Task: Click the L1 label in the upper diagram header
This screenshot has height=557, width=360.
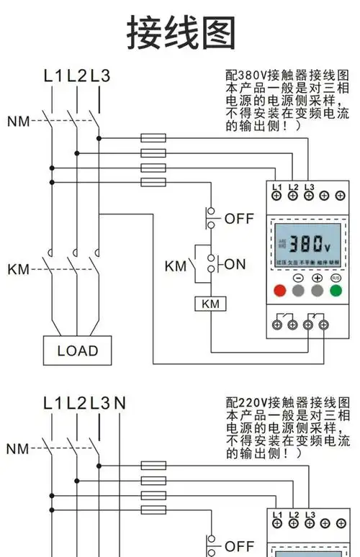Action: click(x=53, y=75)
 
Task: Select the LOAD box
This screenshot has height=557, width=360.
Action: click(x=77, y=350)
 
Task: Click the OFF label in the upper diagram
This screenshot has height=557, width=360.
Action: click(x=239, y=219)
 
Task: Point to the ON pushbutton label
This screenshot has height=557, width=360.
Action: click(x=235, y=264)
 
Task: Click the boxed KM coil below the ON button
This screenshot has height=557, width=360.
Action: click(x=210, y=304)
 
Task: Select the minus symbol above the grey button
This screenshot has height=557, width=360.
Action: click(x=298, y=278)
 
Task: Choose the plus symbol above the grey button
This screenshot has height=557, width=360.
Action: click(x=317, y=278)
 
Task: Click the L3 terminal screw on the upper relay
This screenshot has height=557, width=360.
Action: click(x=310, y=196)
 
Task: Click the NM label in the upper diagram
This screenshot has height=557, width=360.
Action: click(x=19, y=121)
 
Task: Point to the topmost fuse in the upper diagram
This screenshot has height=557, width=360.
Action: click(x=153, y=137)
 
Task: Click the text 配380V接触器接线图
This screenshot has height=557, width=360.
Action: click(x=287, y=75)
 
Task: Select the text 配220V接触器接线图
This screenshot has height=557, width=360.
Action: click(x=287, y=402)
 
